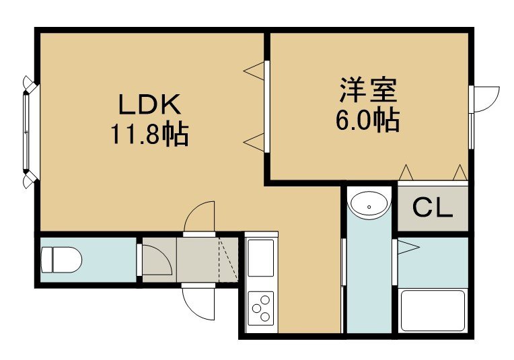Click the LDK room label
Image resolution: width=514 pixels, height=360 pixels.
tap(149, 104)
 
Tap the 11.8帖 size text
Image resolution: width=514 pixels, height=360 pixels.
tap(149, 134)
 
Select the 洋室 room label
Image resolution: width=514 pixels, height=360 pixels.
tap(368, 89)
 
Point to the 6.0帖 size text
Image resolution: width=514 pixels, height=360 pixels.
tap(367, 120)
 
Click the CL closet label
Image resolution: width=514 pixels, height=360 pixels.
tap(433, 208)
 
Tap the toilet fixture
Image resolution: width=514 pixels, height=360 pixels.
tap(61, 260)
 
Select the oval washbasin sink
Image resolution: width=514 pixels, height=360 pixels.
tap(369, 205)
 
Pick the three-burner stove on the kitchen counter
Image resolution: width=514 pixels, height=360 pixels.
tap(261, 308)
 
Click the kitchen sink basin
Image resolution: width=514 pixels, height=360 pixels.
tap(260, 258)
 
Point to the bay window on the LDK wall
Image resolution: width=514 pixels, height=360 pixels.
tap(30, 132)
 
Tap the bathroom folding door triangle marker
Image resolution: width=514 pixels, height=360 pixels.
tap(408, 246)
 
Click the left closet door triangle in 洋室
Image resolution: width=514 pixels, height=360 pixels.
tap(406, 172)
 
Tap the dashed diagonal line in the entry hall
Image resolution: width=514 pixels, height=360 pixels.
tap(228, 259)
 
